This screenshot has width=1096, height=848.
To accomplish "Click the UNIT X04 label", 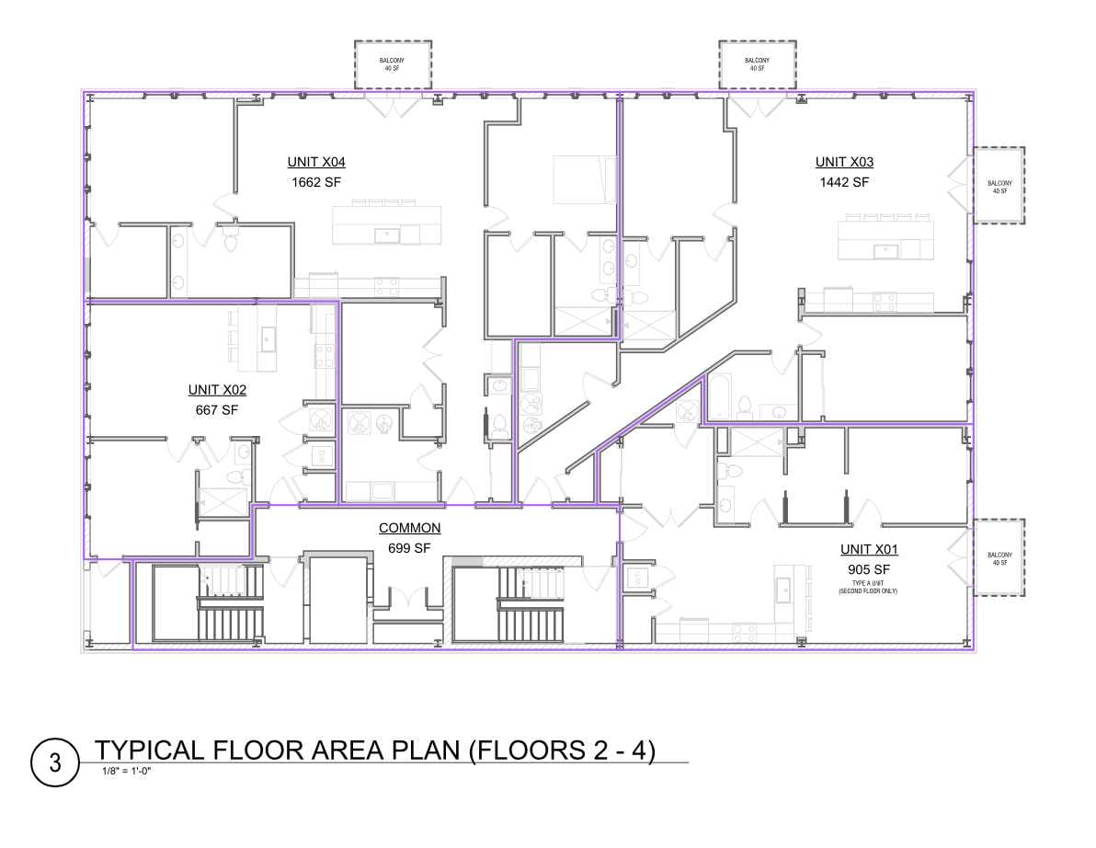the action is pos(316,162).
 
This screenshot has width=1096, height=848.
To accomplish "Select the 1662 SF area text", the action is pos(316,182).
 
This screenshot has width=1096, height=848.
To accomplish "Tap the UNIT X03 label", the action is pos(844,162).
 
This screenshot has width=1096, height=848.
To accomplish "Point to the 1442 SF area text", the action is pos(844,182).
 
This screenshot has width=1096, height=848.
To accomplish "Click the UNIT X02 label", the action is pos(217,390).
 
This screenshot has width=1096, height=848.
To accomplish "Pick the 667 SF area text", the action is pos(217,410).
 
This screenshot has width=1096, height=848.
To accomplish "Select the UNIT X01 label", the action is pos(869,549).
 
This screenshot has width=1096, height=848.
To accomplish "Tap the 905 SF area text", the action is pos(869,569).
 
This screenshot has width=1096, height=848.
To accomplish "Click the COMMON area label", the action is pos(409,529).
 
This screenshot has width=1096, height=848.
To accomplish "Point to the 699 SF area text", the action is pos(409,549).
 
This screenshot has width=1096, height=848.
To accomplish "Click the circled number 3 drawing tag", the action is pos(55,762).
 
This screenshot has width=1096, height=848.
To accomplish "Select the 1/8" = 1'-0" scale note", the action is pos(127,772).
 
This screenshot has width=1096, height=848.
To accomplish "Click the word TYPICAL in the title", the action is pos(150,751).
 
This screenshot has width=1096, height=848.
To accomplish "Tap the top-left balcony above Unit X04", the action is pos(393,65).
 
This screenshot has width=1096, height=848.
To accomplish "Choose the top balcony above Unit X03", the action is pos(758,65).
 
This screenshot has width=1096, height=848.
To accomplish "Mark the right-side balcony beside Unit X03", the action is pos(999,185).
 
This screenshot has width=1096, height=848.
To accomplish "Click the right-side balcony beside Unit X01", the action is pos(999,557).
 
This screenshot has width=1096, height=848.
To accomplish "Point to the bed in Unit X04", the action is pos(585,179).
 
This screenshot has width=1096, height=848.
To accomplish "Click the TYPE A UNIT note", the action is pos(868,587).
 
